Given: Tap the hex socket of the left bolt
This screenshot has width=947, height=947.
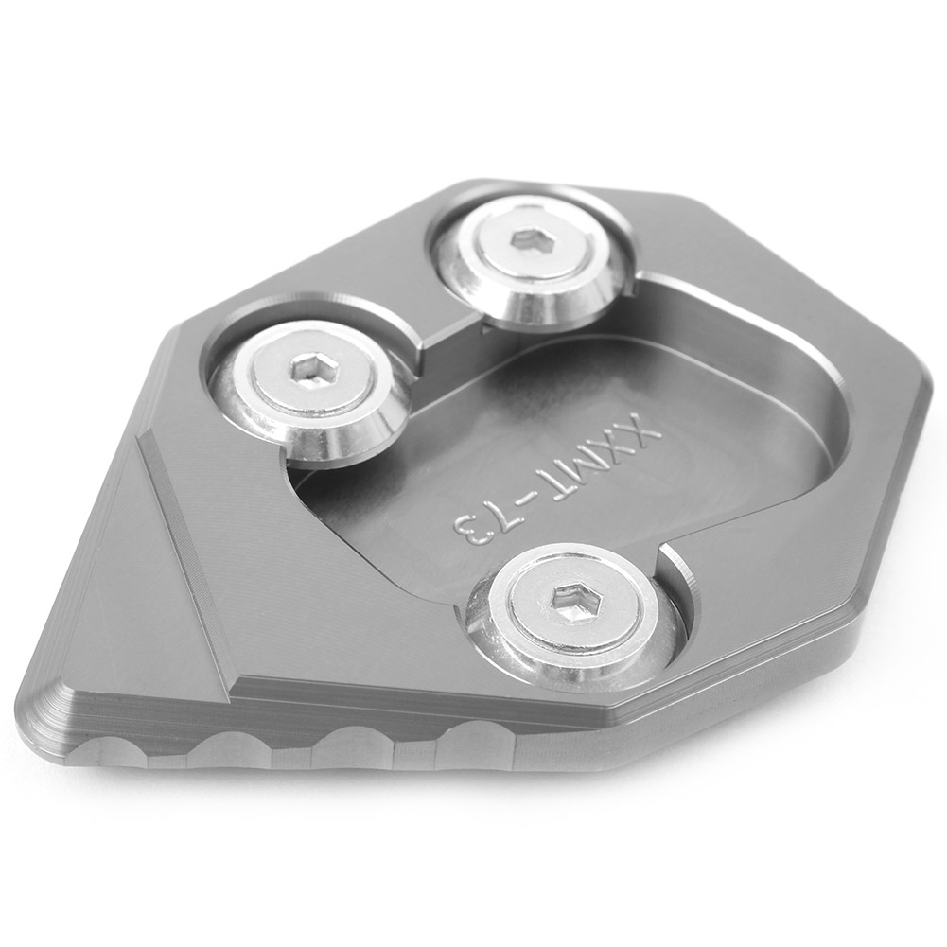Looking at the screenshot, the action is (x=307, y=369).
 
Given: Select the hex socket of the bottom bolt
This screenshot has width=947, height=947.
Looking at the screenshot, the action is (x=570, y=599).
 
